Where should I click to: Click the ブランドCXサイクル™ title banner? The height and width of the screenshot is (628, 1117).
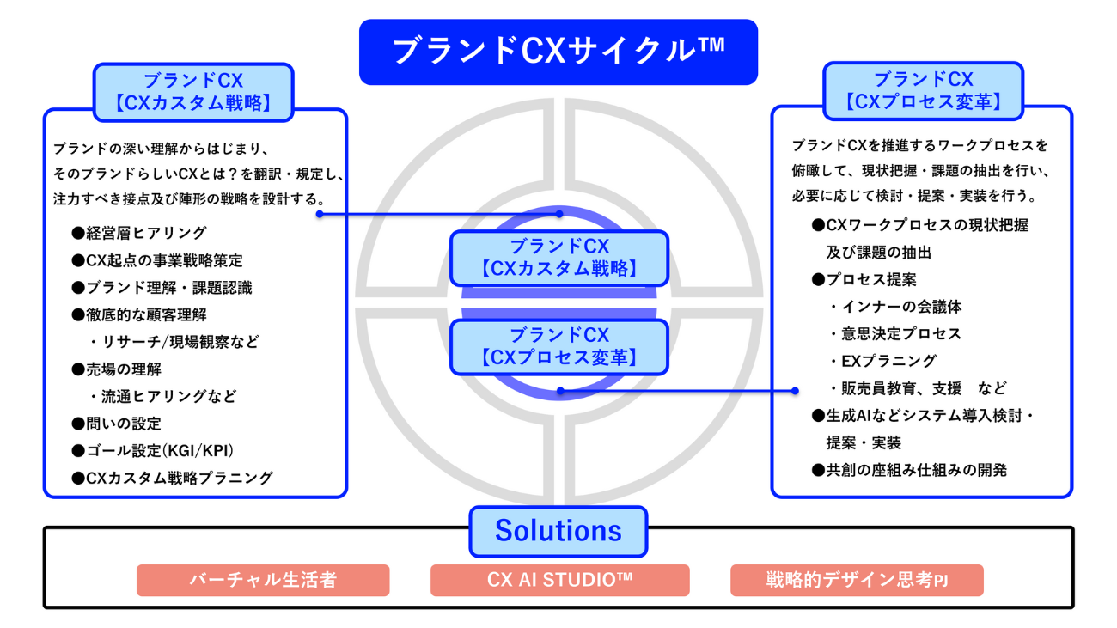[558, 52]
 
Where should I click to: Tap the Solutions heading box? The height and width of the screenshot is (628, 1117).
[558, 531]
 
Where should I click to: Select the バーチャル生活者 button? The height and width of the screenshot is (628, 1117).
[263, 580]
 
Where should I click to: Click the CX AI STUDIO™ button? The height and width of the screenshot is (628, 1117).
[559, 580]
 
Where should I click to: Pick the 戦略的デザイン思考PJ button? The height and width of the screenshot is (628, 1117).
[857, 580]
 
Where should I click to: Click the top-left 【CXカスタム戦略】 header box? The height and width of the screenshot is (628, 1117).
[193, 92]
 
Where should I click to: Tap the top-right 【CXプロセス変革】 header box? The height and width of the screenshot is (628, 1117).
[924, 90]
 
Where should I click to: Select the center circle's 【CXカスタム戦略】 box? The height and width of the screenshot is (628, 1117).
[558, 258]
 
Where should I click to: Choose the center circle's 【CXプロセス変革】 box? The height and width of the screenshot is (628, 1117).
[558, 346]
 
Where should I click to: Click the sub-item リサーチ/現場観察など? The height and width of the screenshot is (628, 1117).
[174, 342]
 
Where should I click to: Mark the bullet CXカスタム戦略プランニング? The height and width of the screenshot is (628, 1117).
[172, 478]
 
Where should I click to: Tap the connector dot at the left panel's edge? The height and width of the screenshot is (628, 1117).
[320, 214]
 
